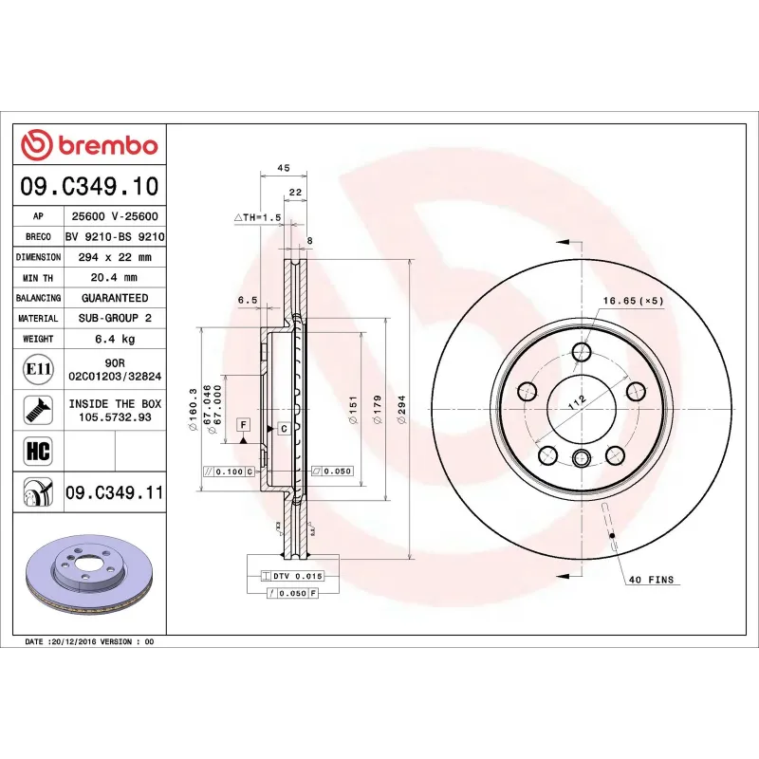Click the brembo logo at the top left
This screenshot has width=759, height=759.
(x=89, y=145)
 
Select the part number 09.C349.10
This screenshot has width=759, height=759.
(x=89, y=186)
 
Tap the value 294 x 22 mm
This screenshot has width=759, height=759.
(x=115, y=257)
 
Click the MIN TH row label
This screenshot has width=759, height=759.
(x=39, y=278)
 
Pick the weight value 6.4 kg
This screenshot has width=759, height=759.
(x=115, y=339)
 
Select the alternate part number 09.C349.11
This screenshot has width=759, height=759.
(x=115, y=492)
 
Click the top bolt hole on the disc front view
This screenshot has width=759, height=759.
(x=583, y=354)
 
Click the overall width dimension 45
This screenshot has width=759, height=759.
(x=282, y=168)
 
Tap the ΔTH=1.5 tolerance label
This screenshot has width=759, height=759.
(x=258, y=217)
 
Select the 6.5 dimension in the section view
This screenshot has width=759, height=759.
(x=248, y=301)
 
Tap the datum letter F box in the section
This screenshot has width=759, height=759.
(x=244, y=424)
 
